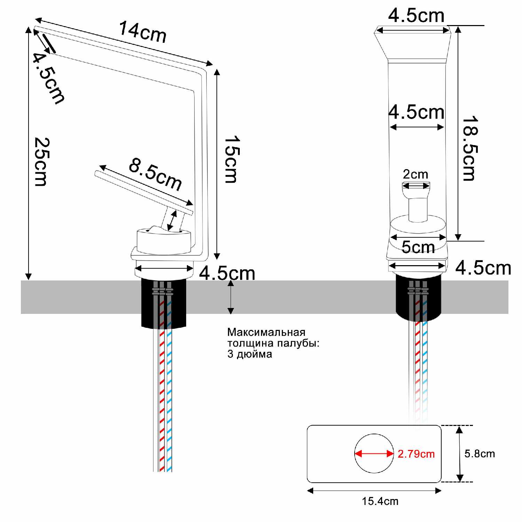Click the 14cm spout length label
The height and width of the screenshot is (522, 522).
tap(143, 32)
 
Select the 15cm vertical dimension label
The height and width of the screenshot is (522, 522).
tap(230, 159)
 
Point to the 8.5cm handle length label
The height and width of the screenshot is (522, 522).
tap(155, 174)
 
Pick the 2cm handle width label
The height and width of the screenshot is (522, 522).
tap(416, 174)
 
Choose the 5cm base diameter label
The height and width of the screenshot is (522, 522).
tap(418, 247)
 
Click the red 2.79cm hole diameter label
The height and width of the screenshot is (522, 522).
tap(416, 454)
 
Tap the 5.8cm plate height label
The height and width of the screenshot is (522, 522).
tap(480, 453)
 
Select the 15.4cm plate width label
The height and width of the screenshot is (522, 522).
tap(380, 501)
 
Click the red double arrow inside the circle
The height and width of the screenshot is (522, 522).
tap(374, 454)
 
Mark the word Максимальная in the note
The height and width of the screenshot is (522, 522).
tap(266, 332)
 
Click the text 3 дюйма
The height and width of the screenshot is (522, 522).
tap(250, 354)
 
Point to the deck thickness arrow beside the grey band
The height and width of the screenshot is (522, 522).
tap(230, 297)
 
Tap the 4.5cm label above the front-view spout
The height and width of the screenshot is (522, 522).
tap(416, 16)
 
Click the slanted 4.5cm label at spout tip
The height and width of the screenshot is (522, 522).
tap(48, 78)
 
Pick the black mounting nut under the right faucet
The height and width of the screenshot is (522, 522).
tap(419, 298)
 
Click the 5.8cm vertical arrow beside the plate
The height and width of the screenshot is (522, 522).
tap(460, 453)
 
